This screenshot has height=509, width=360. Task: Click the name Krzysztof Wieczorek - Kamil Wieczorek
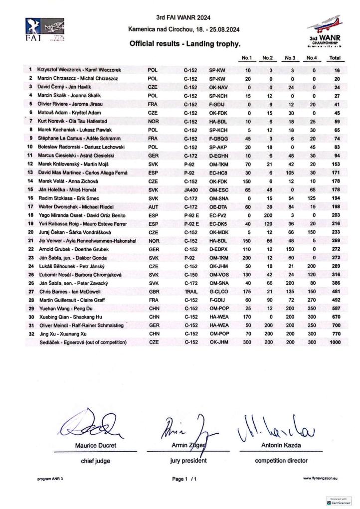(x=79, y=70)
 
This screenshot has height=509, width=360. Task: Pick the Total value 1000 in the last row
(x=334, y=342)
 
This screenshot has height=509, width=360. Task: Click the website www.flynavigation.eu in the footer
(x=320, y=479)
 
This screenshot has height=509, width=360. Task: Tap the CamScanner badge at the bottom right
(x=339, y=501)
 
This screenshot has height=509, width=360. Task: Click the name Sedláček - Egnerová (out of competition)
(x=82, y=342)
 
